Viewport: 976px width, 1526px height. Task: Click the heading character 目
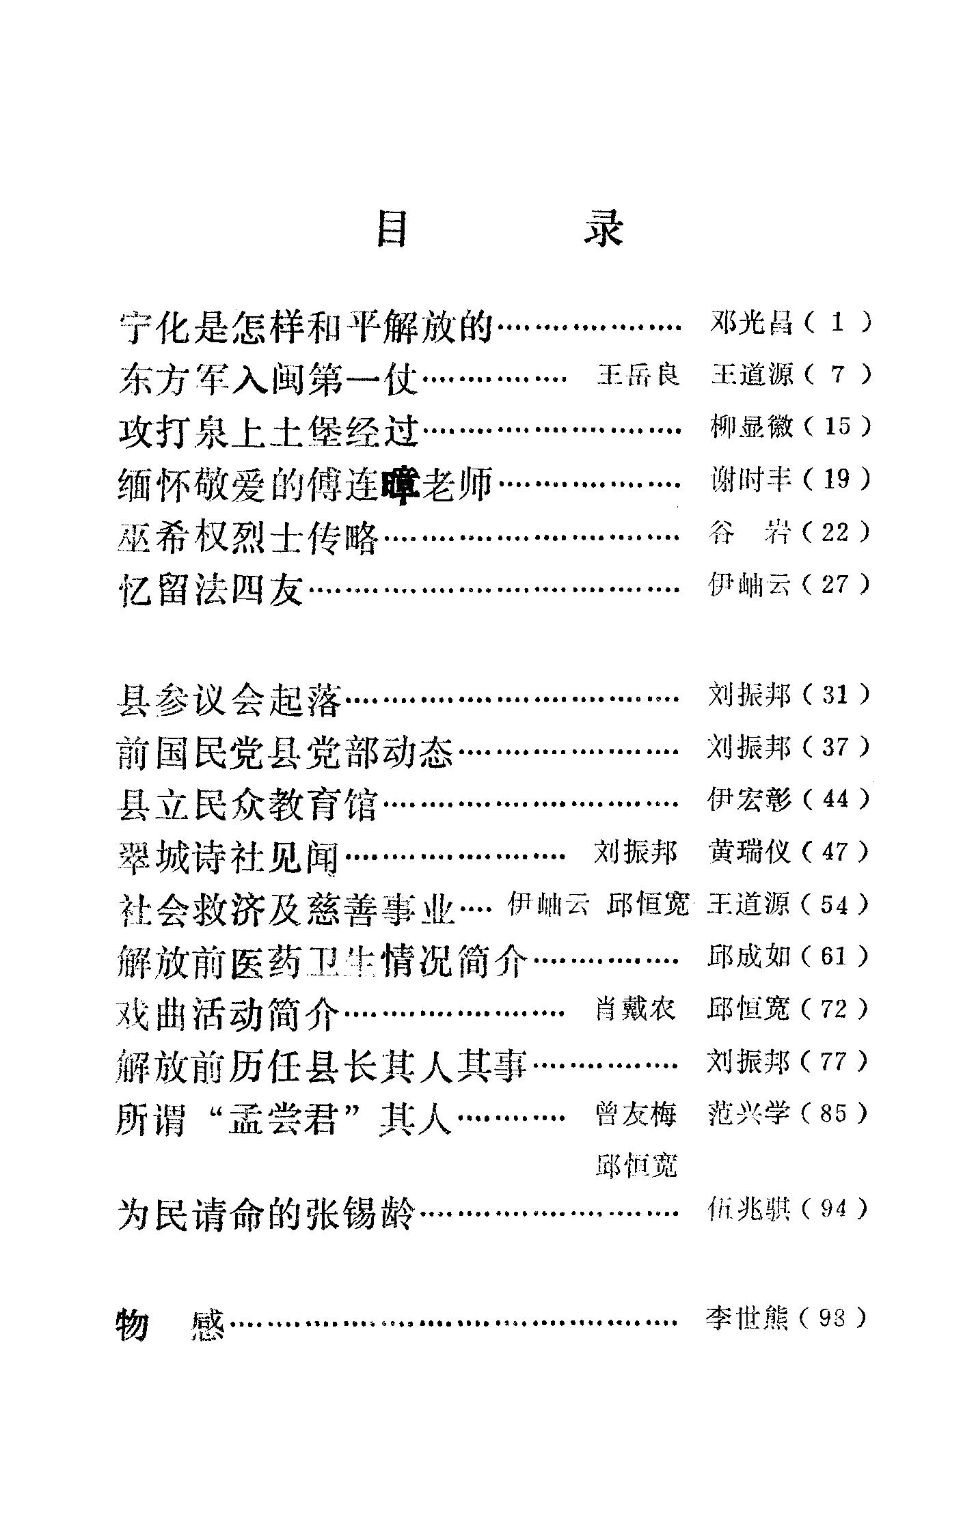(x=392, y=230)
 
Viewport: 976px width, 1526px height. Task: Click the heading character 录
(x=603, y=230)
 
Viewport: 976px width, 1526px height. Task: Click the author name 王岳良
(x=638, y=375)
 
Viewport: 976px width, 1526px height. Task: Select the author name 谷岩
(x=750, y=532)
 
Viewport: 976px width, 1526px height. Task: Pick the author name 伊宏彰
(x=750, y=799)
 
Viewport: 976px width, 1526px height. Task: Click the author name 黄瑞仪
(x=750, y=851)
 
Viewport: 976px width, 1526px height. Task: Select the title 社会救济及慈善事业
(x=286, y=909)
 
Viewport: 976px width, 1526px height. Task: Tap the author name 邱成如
(x=750, y=956)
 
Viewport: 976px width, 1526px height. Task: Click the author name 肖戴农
(x=636, y=1009)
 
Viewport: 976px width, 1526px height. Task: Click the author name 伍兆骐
(x=749, y=1210)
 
